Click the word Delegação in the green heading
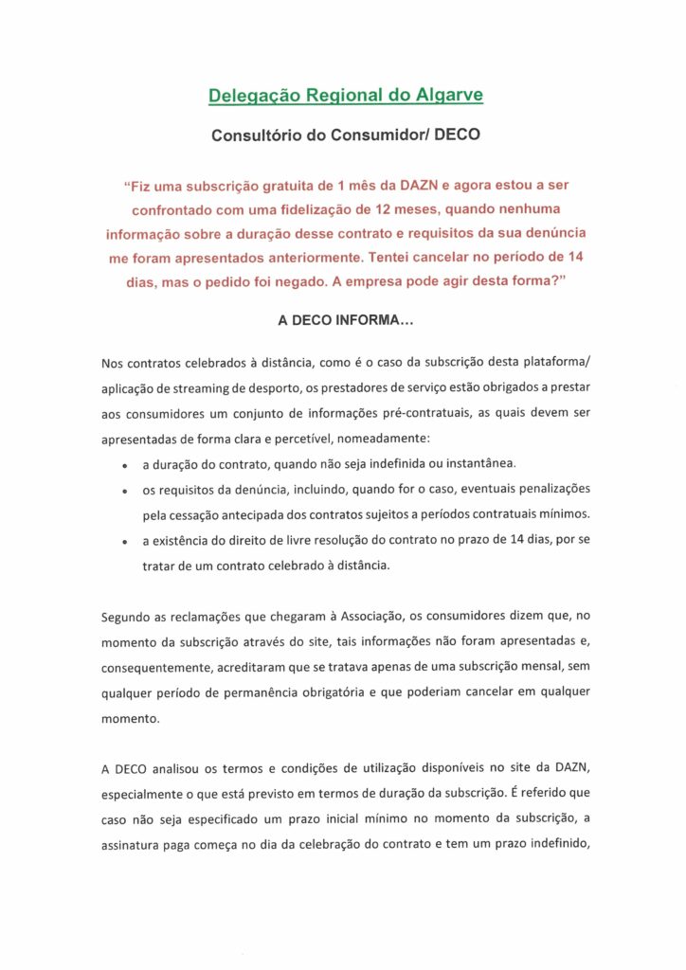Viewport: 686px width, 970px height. click(246, 96)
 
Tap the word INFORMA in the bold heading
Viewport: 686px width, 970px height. click(371, 321)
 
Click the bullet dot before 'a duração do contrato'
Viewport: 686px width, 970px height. click(125, 465)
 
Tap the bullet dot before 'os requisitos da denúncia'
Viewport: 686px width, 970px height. click(125, 490)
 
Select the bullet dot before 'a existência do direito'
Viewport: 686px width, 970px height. click(125, 542)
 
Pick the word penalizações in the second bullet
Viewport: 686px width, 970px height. click(551, 488)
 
